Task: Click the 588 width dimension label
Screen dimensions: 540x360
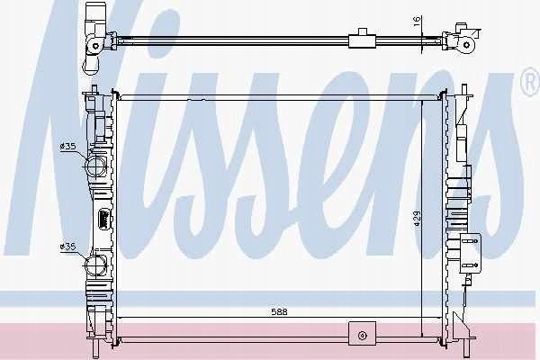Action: (x=279, y=312)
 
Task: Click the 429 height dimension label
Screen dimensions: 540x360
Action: (x=417, y=219)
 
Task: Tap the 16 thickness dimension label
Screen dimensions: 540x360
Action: (x=417, y=21)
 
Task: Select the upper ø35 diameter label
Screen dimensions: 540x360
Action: (x=67, y=147)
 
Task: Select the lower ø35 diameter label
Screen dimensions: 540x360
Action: (x=67, y=247)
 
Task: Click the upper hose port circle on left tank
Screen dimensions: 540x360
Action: (x=95, y=166)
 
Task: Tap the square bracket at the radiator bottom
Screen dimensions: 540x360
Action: (x=362, y=334)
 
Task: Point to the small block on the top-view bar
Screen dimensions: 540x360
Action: (x=362, y=39)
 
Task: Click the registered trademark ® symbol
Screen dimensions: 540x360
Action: (x=531, y=83)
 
